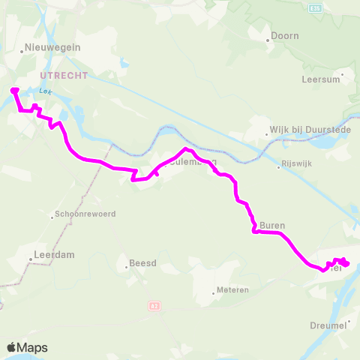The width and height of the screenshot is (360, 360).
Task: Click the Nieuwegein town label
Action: (x=53, y=46)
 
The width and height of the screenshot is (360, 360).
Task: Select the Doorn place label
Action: (x=286, y=35)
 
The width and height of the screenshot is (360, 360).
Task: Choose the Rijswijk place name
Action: (x=297, y=165)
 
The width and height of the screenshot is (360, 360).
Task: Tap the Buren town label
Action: (x=273, y=225)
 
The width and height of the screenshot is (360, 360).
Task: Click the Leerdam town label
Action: (x=53, y=255)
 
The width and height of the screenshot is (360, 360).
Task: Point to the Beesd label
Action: (x=142, y=263)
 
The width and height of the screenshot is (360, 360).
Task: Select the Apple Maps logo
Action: (x=27, y=347)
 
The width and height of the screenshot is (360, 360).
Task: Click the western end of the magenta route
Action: (x=14, y=91)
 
